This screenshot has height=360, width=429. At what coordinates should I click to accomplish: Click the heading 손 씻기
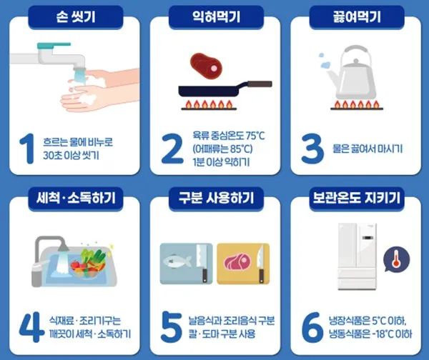coord(76,17)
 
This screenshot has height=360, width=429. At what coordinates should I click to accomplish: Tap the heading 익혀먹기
coord(216,17)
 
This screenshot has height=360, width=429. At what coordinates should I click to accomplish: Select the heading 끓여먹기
coord(357,17)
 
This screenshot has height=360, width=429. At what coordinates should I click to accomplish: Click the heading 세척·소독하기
coord(76,198)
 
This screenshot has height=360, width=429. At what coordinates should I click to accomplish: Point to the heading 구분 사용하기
coord(216,198)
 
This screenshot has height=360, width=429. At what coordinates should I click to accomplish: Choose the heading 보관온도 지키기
coord(357,198)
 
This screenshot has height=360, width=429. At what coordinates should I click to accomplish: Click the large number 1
coord(27,149)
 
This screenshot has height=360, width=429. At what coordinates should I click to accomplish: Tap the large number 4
coord(31,327)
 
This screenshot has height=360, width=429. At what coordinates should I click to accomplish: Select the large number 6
coord(312,327)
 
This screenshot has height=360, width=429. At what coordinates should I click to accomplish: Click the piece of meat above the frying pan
coord(206,66)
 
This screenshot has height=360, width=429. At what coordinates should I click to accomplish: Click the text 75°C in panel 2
coord(255,135)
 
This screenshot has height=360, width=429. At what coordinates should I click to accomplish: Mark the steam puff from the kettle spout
coord(325,65)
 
